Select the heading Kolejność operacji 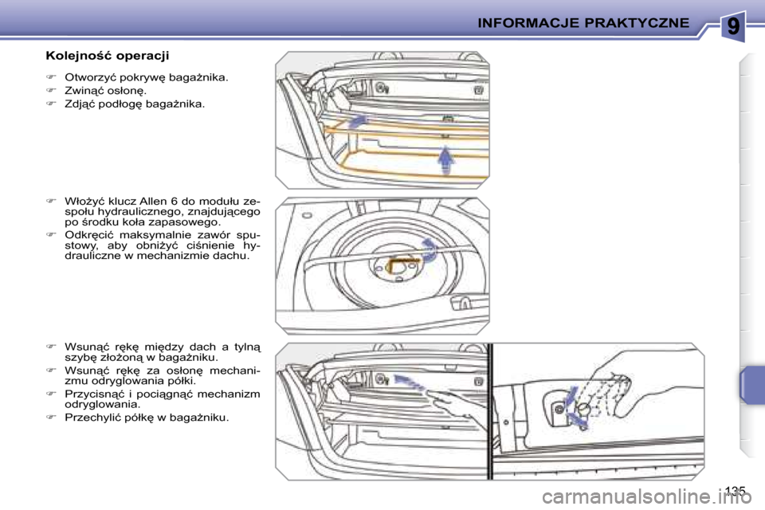pyautogui.click(x=107, y=56)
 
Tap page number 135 pyautogui.click(x=736, y=489)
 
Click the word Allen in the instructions pyautogui.click(x=167, y=200)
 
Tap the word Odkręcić pyautogui.click(x=89, y=234)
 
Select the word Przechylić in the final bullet pyautogui.click(x=93, y=418)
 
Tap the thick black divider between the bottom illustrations pyautogui.click(x=491, y=410)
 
